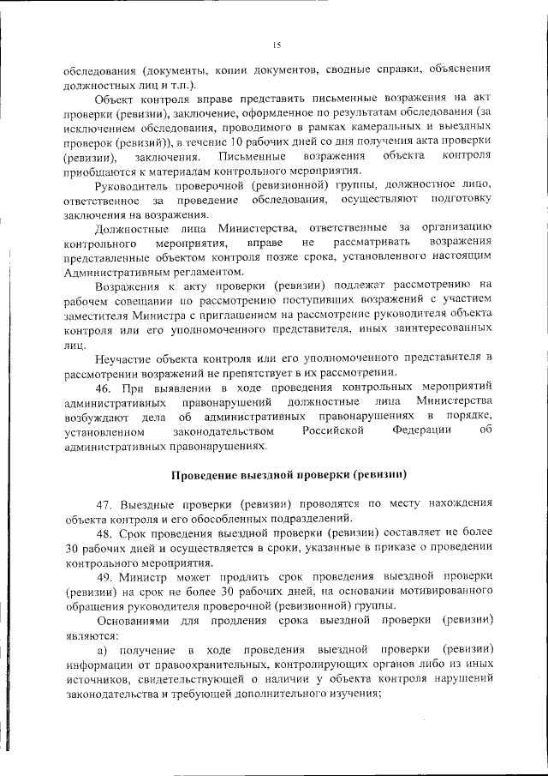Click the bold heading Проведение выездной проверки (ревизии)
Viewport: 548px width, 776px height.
point(288,474)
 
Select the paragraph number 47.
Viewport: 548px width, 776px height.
point(108,504)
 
